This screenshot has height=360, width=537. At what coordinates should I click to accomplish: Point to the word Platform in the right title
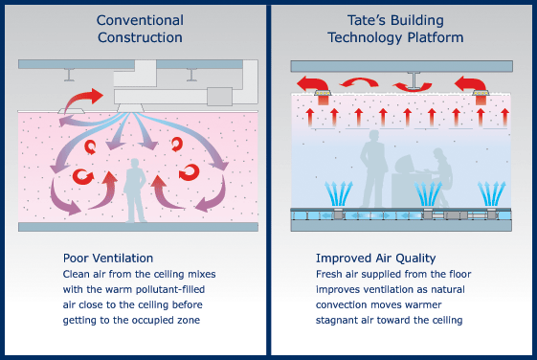pyautogui.click(x=439, y=37)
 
